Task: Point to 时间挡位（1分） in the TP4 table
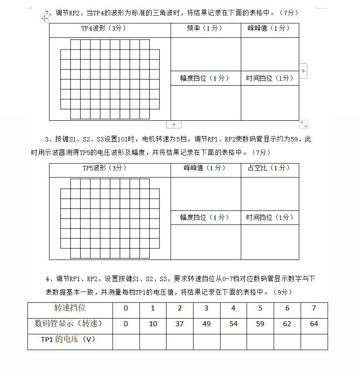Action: pos(270,78)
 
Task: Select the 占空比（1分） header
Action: pos(269,168)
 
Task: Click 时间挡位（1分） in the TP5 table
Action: pos(270,217)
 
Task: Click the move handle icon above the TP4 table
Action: pos(45,18)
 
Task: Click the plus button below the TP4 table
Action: pos(174,124)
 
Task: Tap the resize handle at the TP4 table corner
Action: pos(304,124)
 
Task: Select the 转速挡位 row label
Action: pos(70,308)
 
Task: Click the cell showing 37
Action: pos(180,324)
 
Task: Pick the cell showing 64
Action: pos(314,324)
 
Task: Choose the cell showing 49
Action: pos(207,324)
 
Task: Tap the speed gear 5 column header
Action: pos(260,308)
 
